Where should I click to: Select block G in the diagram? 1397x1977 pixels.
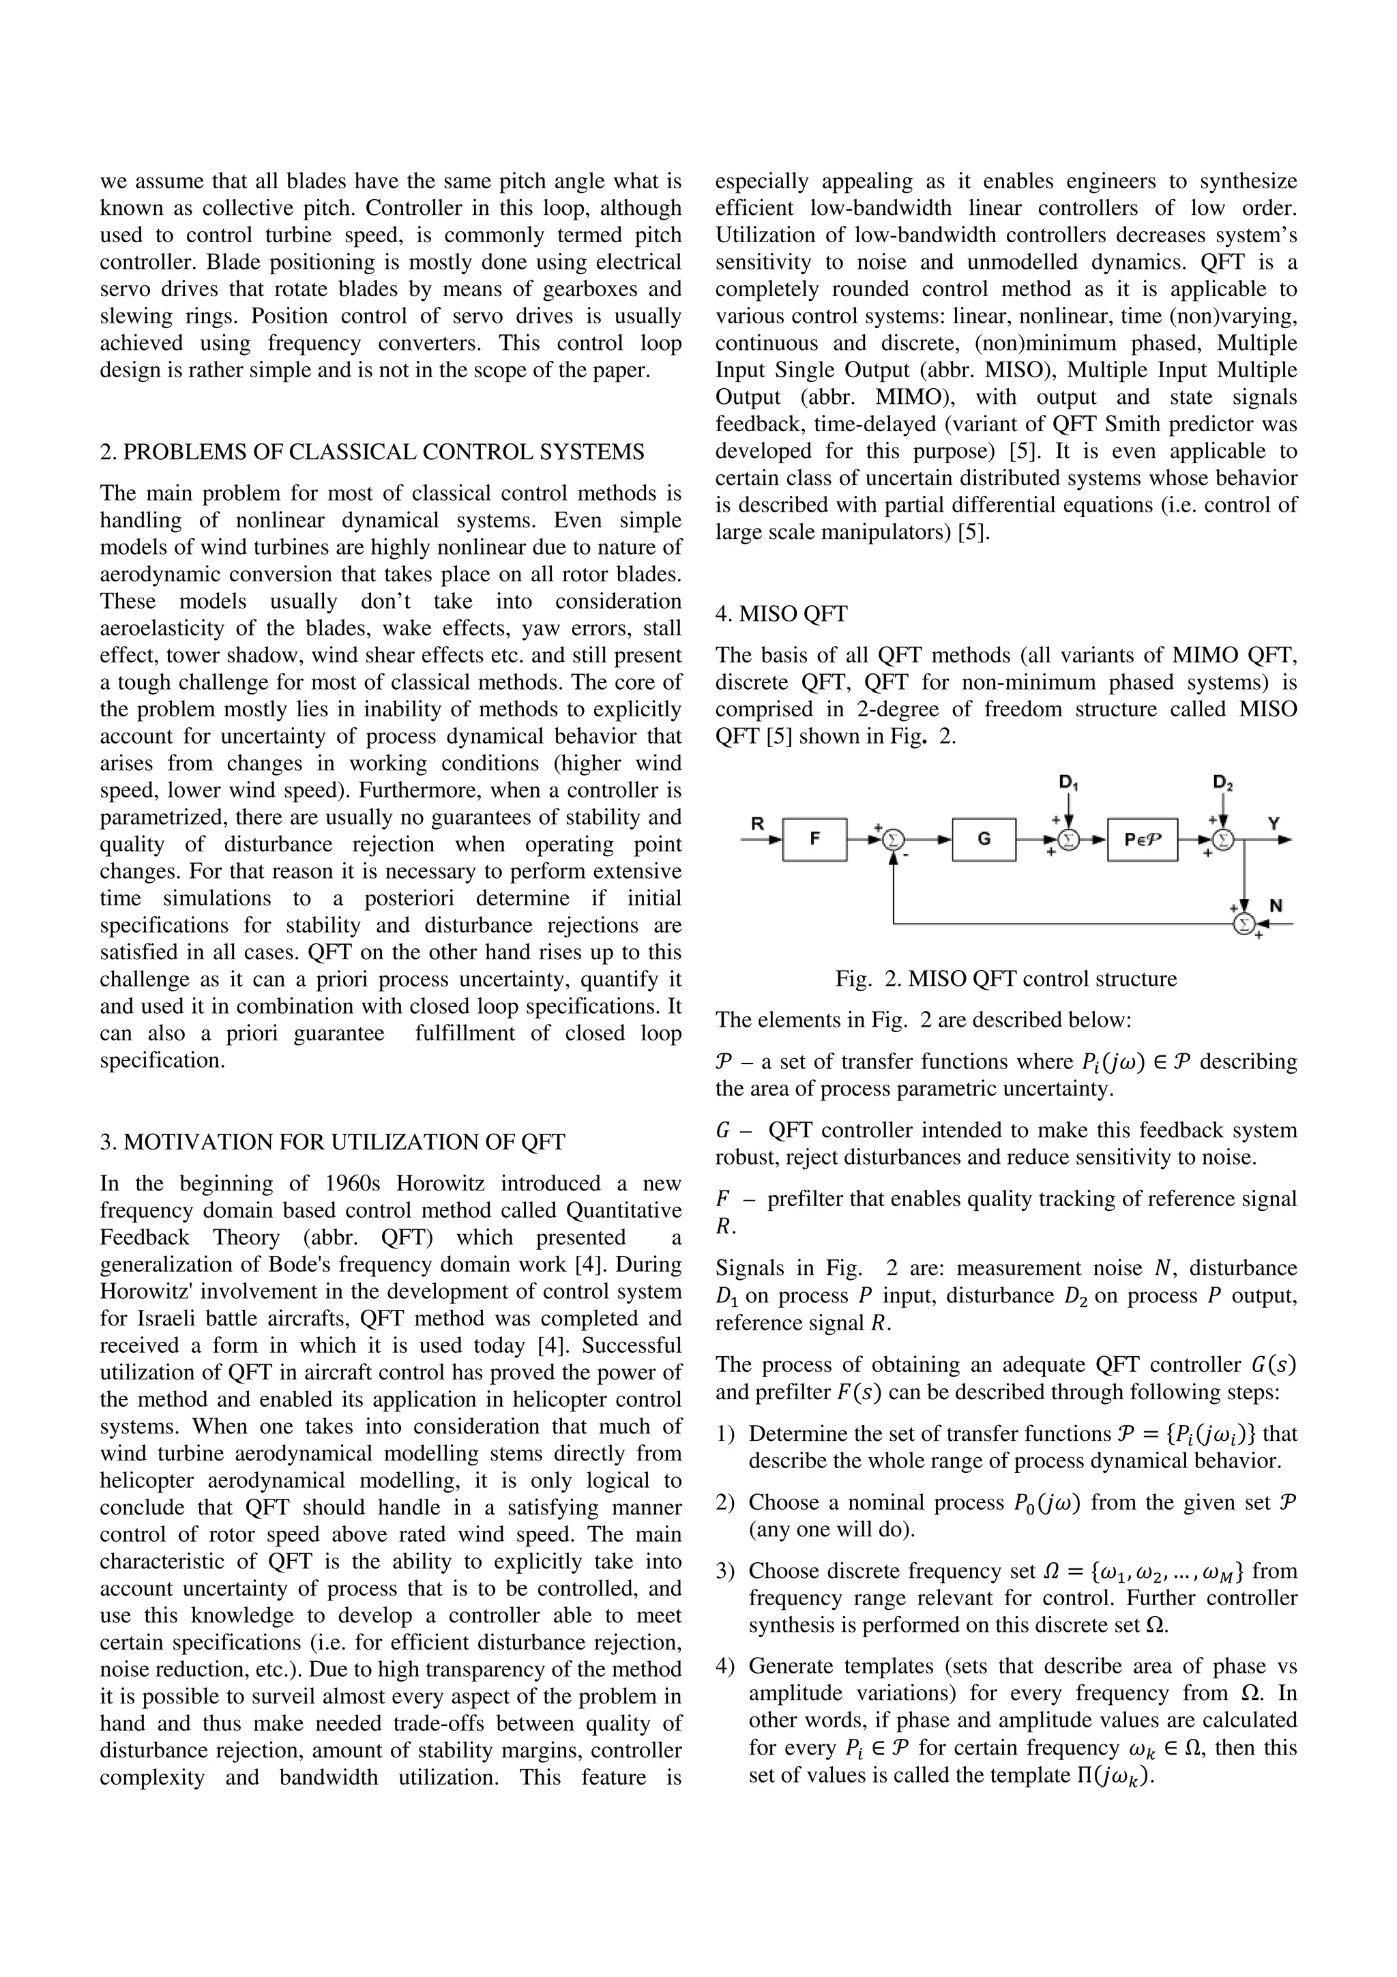coord(984,838)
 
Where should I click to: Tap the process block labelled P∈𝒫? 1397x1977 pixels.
coord(1141,838)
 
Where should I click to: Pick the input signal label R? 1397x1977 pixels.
coord(757,823)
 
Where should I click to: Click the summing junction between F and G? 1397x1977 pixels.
coord(894,838)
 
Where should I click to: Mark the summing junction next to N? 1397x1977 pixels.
coord(1243,924)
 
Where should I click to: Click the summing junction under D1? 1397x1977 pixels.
coord(1068,838)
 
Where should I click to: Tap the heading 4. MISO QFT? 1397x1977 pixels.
coord(781,614)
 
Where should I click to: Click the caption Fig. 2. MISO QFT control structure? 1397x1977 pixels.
coord(1005,979)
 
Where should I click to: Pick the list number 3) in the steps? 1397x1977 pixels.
coord(724,1572)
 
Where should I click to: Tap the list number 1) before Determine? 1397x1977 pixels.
coord(724,1434)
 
